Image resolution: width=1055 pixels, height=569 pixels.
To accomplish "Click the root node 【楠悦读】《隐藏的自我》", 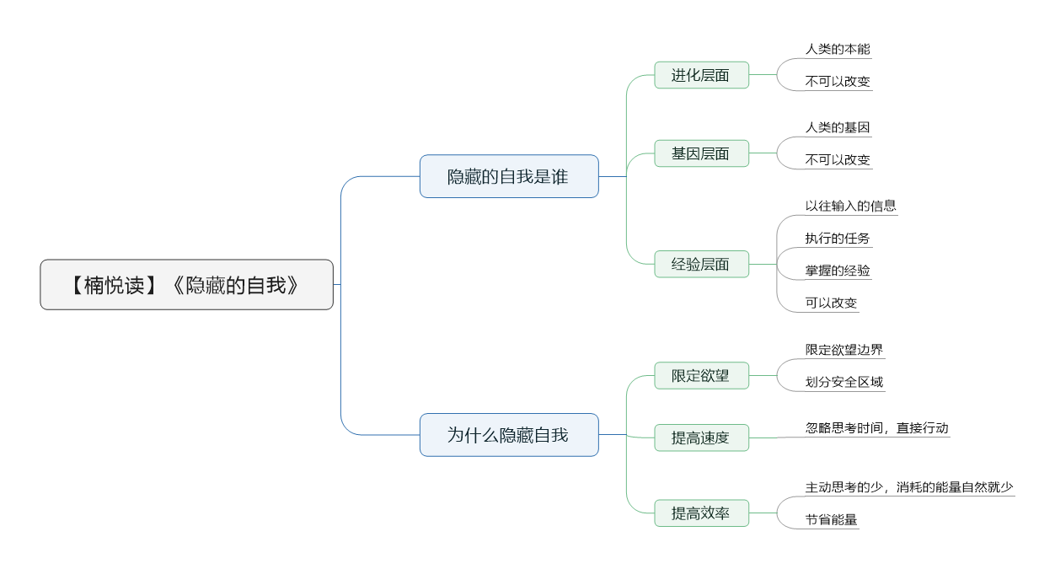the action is pos(186,285).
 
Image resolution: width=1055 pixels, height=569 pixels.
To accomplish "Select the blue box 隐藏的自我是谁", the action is pos(509,176).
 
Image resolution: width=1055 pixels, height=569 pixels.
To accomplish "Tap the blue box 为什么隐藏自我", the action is pos(509,435).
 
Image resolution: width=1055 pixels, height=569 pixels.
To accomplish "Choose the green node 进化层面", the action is pos(701,75).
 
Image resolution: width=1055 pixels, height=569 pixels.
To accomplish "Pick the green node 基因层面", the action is pos(701,153).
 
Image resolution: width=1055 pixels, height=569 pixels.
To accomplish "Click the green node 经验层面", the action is pos(701,264).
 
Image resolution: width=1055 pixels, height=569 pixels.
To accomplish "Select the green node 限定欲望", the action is pos(701,375).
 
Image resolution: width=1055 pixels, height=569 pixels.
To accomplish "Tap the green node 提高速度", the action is pos(701,437).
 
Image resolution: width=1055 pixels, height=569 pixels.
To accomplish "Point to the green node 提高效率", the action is pos(701,513).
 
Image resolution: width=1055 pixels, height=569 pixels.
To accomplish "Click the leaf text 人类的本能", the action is pos(838,49).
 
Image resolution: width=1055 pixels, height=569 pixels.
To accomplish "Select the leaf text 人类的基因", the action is pos(838,127).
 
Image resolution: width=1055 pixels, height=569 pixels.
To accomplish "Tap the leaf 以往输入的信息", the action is pos(850,206).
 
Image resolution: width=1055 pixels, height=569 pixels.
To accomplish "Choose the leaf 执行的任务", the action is pos(838,239).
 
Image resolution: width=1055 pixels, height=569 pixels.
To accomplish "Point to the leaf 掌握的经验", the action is pos(838,271).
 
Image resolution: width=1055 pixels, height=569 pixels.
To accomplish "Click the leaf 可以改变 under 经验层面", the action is pos(831,303).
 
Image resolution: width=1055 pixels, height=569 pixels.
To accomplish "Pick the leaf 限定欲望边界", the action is pos(844,350).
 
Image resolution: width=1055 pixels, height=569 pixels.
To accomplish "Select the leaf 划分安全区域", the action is pos(844,382).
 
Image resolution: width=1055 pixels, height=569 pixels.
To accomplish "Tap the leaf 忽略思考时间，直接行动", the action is pos(877,427).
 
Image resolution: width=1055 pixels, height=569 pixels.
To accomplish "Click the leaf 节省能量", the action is pos(831,519).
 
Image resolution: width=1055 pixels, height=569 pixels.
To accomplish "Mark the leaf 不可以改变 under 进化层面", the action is pos(838,82).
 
